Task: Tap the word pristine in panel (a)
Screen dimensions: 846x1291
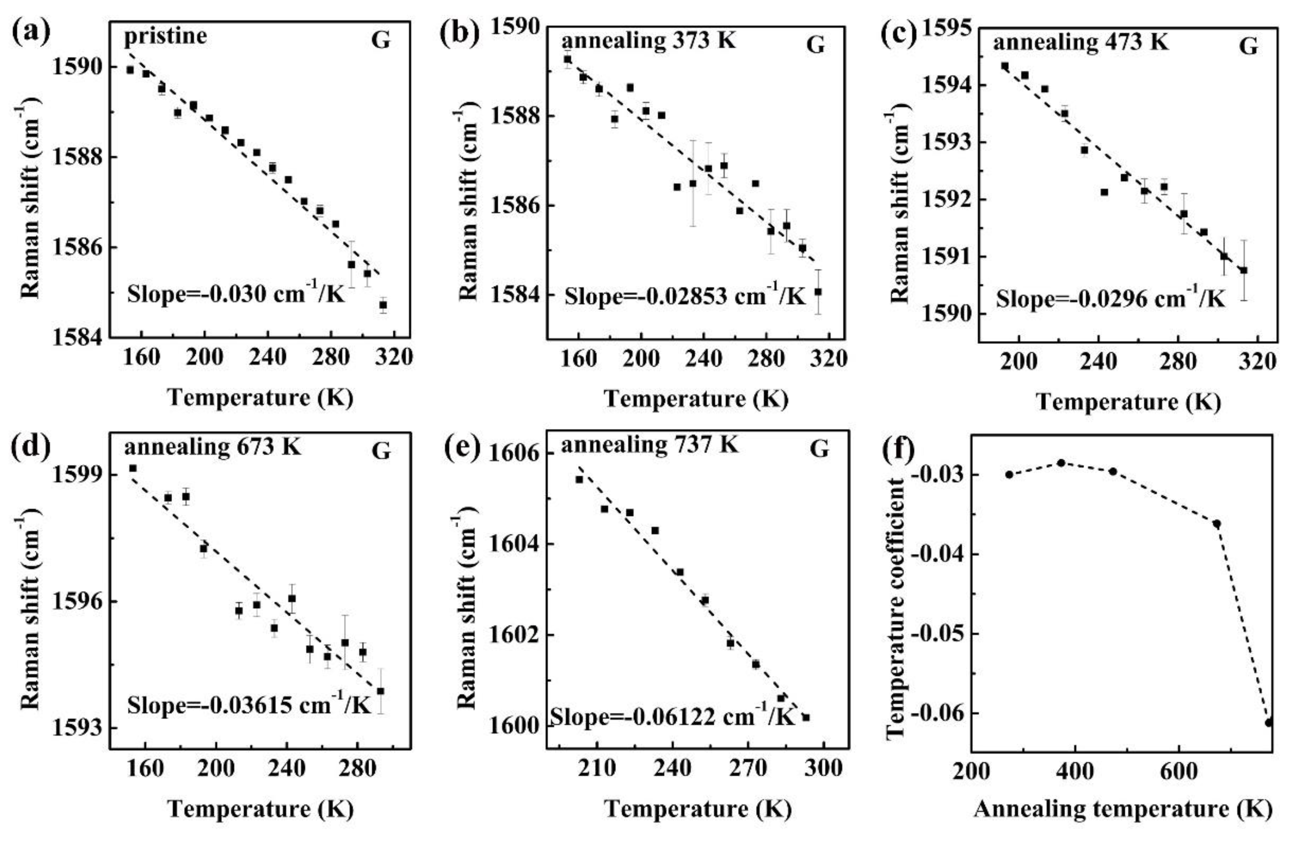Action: tap(165, 36)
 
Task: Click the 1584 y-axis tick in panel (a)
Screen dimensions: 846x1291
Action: tap(76, 337)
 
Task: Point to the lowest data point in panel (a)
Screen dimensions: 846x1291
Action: tap(383, 305)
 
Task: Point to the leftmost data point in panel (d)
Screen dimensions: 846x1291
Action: tap(133, 468)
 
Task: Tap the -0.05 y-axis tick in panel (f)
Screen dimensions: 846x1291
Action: tap(934, 633)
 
